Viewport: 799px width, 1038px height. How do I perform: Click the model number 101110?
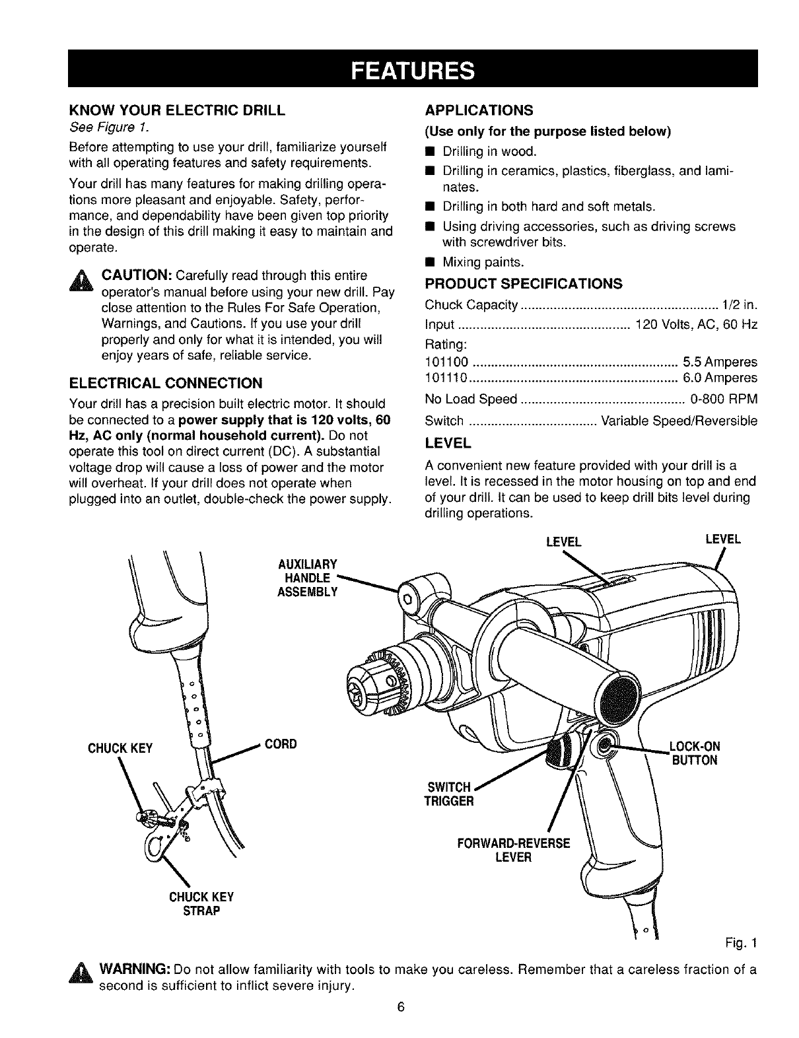point(446,378)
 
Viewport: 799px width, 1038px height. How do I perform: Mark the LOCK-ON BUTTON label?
point(693,753)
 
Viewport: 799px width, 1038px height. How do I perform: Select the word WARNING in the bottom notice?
point(135,970)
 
